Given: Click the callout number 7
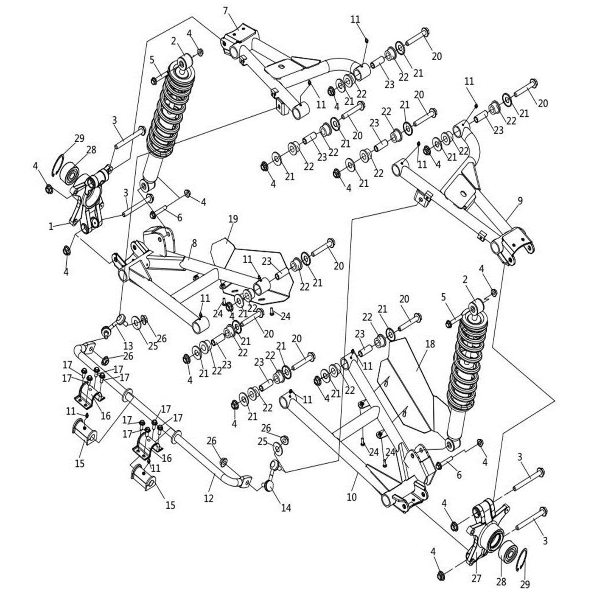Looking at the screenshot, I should tap(225, 11).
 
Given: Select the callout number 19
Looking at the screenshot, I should tap(233, 219).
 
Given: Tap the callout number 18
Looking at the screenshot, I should tap(430, 344).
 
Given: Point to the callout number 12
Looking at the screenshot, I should tap(208, 498).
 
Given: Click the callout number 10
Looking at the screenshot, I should tap(352, 497).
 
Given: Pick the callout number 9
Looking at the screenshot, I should tap(520, 201).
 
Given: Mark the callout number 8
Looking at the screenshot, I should tap(194, 243).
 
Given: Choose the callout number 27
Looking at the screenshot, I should tap(476, 578).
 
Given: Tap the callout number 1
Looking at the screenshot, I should tap(51, 227).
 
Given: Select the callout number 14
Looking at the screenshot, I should tap(286, 507).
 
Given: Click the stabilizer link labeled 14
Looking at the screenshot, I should tap(272, 475).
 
